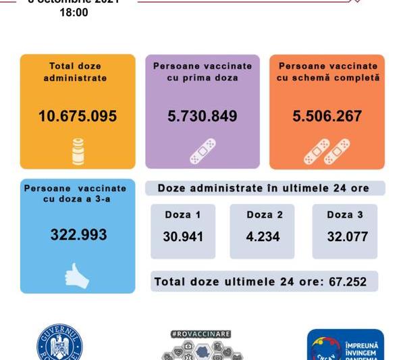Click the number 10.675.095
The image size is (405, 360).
(x=78, y=116)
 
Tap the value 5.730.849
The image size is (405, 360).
(x=202, y=116)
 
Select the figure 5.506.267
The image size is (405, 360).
(x=327, y=116)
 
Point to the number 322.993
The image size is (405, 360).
(x=78, y=235)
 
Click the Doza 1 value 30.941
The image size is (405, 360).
(x=183, y=237)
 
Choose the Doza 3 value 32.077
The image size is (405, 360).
(x=344, y=237)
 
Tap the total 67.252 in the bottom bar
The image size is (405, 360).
(x=348, y=282)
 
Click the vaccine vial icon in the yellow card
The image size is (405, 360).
(x=78, y=151)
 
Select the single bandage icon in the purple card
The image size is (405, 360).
(x=202, y=151)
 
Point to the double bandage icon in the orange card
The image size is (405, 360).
(x=327, y=151)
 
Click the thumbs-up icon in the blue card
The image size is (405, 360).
(x=76, y=275)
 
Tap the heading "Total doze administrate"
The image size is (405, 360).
(x=78, y=72)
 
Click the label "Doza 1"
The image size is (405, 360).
(x=182, y=215)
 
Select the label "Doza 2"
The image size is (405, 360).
(x=264, y=215)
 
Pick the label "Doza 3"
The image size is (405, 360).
(x=344, y=215)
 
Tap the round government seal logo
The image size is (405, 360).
(x=59, y=346)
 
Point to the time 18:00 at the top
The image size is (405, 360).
(x=74, y=12)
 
